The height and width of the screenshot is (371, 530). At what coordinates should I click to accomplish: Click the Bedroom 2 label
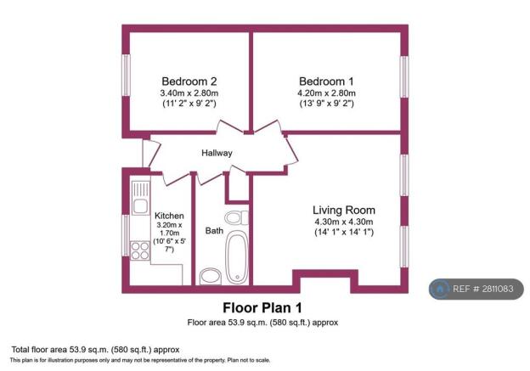183,81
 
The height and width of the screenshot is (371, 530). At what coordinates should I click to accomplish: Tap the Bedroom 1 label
326,81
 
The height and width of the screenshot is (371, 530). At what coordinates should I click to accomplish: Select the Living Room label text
343,210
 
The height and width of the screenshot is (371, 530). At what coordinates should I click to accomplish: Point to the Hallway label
217,154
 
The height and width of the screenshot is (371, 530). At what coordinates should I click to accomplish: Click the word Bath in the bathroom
214,230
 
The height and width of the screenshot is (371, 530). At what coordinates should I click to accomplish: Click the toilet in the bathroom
237,216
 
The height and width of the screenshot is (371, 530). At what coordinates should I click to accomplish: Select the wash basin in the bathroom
209,276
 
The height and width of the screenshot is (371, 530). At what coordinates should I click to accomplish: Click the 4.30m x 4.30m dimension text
343,222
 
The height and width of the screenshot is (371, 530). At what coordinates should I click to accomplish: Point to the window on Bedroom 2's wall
126,79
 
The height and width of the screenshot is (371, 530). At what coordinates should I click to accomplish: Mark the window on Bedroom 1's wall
405,79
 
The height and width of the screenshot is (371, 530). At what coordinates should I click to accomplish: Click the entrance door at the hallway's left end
145,153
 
